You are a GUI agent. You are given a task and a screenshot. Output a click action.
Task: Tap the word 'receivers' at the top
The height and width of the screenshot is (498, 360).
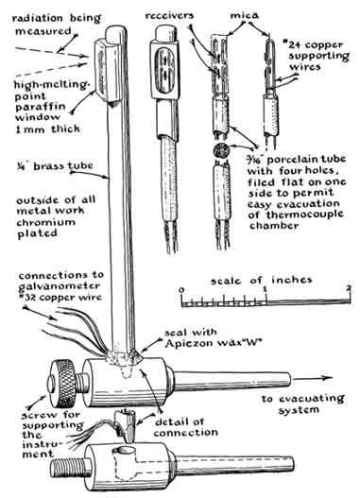tap(169, 15)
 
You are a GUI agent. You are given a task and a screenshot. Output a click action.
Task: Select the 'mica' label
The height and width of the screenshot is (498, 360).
tap(244, 15)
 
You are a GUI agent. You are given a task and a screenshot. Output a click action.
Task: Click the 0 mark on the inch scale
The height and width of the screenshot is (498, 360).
tap(181, 290)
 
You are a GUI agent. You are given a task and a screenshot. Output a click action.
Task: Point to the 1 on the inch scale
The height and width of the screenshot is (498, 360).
tap(266, 289)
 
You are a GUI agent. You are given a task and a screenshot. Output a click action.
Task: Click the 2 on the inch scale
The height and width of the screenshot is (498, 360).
tap(349, 289)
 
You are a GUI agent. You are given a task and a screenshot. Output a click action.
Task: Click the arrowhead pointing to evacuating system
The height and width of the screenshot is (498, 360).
tap(327, 378)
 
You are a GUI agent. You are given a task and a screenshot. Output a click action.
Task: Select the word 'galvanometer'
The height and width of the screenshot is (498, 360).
tap(59, 286)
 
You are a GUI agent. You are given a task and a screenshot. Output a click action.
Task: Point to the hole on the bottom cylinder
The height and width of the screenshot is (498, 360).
tap(125, 451)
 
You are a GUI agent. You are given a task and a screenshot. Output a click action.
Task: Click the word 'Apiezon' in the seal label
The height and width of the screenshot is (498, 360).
tap(187, 343)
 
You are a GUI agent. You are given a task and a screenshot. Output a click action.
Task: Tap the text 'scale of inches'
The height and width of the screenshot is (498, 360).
tap(261, 281)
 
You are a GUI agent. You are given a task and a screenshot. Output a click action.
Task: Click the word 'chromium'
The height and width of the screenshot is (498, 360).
tap(45, 222)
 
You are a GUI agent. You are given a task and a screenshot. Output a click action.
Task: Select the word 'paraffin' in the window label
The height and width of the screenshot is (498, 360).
tap(41, 108)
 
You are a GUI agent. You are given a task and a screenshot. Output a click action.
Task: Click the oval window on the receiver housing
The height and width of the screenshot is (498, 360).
tap(163, 70)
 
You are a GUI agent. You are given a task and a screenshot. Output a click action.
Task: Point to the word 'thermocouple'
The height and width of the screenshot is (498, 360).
tap(305, 215)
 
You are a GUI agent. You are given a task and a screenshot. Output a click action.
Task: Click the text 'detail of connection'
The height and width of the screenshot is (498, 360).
tap(186, 427)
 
